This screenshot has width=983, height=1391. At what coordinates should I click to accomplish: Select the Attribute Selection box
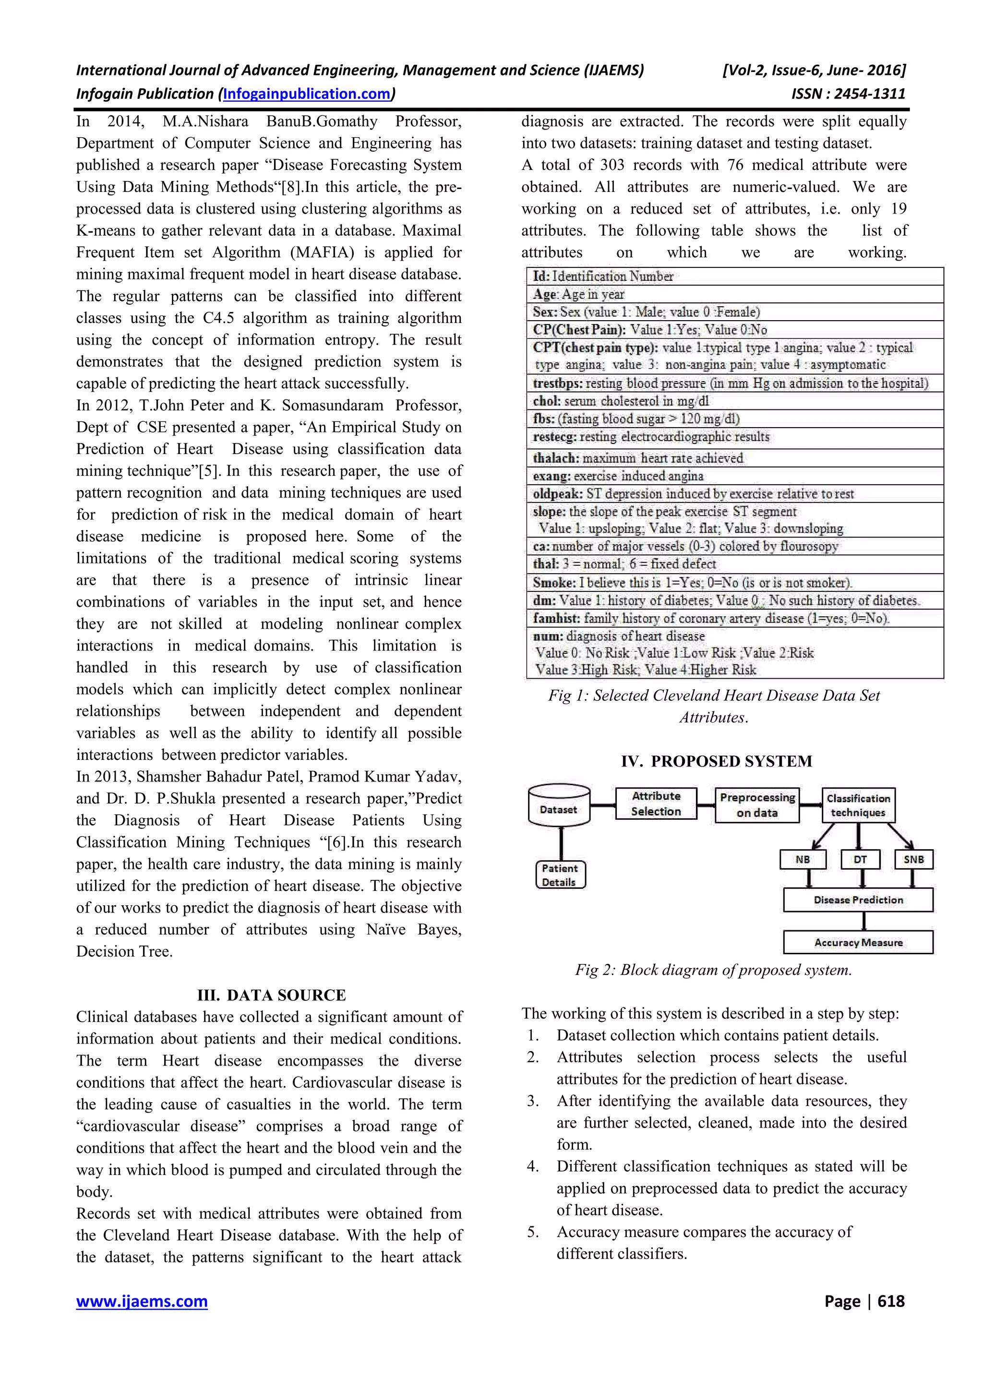pyautogui.click(x=656, y=803)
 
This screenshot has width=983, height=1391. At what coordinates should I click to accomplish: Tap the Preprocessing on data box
pyautogui.click(x=757, y=805)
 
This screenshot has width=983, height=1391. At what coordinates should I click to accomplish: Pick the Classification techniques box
pyautogui.click(x=858, y=805)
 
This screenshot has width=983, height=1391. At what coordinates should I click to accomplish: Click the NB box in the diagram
pyautogui.click(x=803, y=859)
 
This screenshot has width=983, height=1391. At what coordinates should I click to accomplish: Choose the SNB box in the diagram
pyautogui.click(x=913, y=859)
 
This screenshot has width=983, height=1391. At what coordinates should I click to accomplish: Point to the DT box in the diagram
pyautogui.click(x=860, y=859)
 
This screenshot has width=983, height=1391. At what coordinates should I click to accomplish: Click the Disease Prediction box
pyautogui.click(x=858, y=899)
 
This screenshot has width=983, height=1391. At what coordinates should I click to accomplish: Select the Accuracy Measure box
pyautogui.click(x=858, y=942)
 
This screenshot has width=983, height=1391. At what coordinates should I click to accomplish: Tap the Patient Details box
pyautogui.click(x=560, y=875)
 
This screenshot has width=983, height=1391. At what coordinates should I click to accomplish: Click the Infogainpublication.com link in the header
pyautogui.click(x=307, y=94)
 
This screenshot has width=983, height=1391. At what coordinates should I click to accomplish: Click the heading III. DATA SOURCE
pyautogui.click(x=271, y=995)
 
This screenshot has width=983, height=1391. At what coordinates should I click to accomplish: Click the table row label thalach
pyautogui.click(x=555, y=458)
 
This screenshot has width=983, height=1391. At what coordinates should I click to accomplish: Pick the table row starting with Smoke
pyautogui.click(x=692, y=583)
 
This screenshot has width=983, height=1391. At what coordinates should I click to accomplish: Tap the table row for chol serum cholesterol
pyautogui.click(x=621, y=401)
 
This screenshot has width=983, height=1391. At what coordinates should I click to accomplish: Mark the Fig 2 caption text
pyautogui.click(x=713, y=970)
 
